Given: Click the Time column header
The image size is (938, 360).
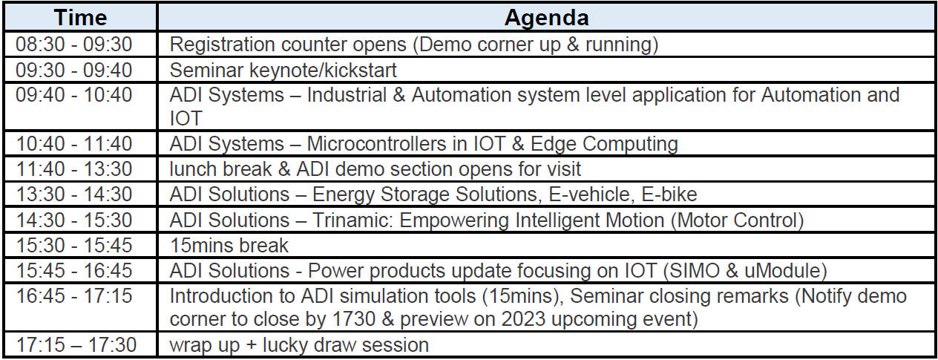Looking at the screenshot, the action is (80, 18).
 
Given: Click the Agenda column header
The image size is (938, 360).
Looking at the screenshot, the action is (546, 18).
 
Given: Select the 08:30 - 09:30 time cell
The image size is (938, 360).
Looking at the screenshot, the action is (74, 45).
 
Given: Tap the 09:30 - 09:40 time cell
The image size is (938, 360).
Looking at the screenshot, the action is (74, 70).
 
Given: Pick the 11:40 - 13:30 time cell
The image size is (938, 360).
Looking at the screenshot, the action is (74, 169).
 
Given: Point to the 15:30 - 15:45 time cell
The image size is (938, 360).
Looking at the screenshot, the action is (74, 246).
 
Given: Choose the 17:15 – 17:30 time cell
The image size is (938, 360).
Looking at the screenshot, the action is (76, 345).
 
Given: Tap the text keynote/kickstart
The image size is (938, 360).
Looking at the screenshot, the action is (323, 70).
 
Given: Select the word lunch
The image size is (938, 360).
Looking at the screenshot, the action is (194, 169).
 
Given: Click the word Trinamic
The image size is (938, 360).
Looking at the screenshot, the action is (352, 220).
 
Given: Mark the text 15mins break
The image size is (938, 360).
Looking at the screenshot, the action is (229, 246).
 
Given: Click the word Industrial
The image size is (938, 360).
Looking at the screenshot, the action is (347, 95).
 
